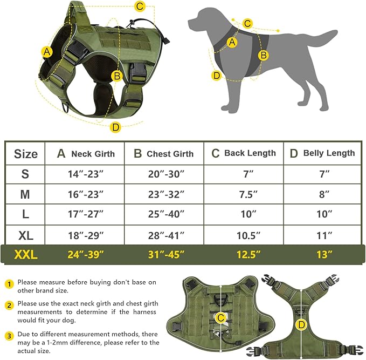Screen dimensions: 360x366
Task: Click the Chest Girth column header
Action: pos(163,154)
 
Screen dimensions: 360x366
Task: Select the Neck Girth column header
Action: pos(85,154)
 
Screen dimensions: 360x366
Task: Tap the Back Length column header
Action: pos(243,153)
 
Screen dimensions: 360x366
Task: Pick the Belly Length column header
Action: pos(322,153)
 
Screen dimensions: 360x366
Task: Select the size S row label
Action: pos(25,174)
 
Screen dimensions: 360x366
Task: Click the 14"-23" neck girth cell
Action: pos(85,174)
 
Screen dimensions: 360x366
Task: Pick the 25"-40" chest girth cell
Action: pos(163,214)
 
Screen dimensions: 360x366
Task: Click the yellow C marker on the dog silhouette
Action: pos(247,23)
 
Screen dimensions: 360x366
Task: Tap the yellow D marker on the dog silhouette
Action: pos(217,76)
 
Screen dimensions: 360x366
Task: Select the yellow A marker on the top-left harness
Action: pos(47,52)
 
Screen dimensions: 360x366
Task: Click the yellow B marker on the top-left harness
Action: pos(116,76)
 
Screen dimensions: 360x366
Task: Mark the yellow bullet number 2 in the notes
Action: pos(9,305)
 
